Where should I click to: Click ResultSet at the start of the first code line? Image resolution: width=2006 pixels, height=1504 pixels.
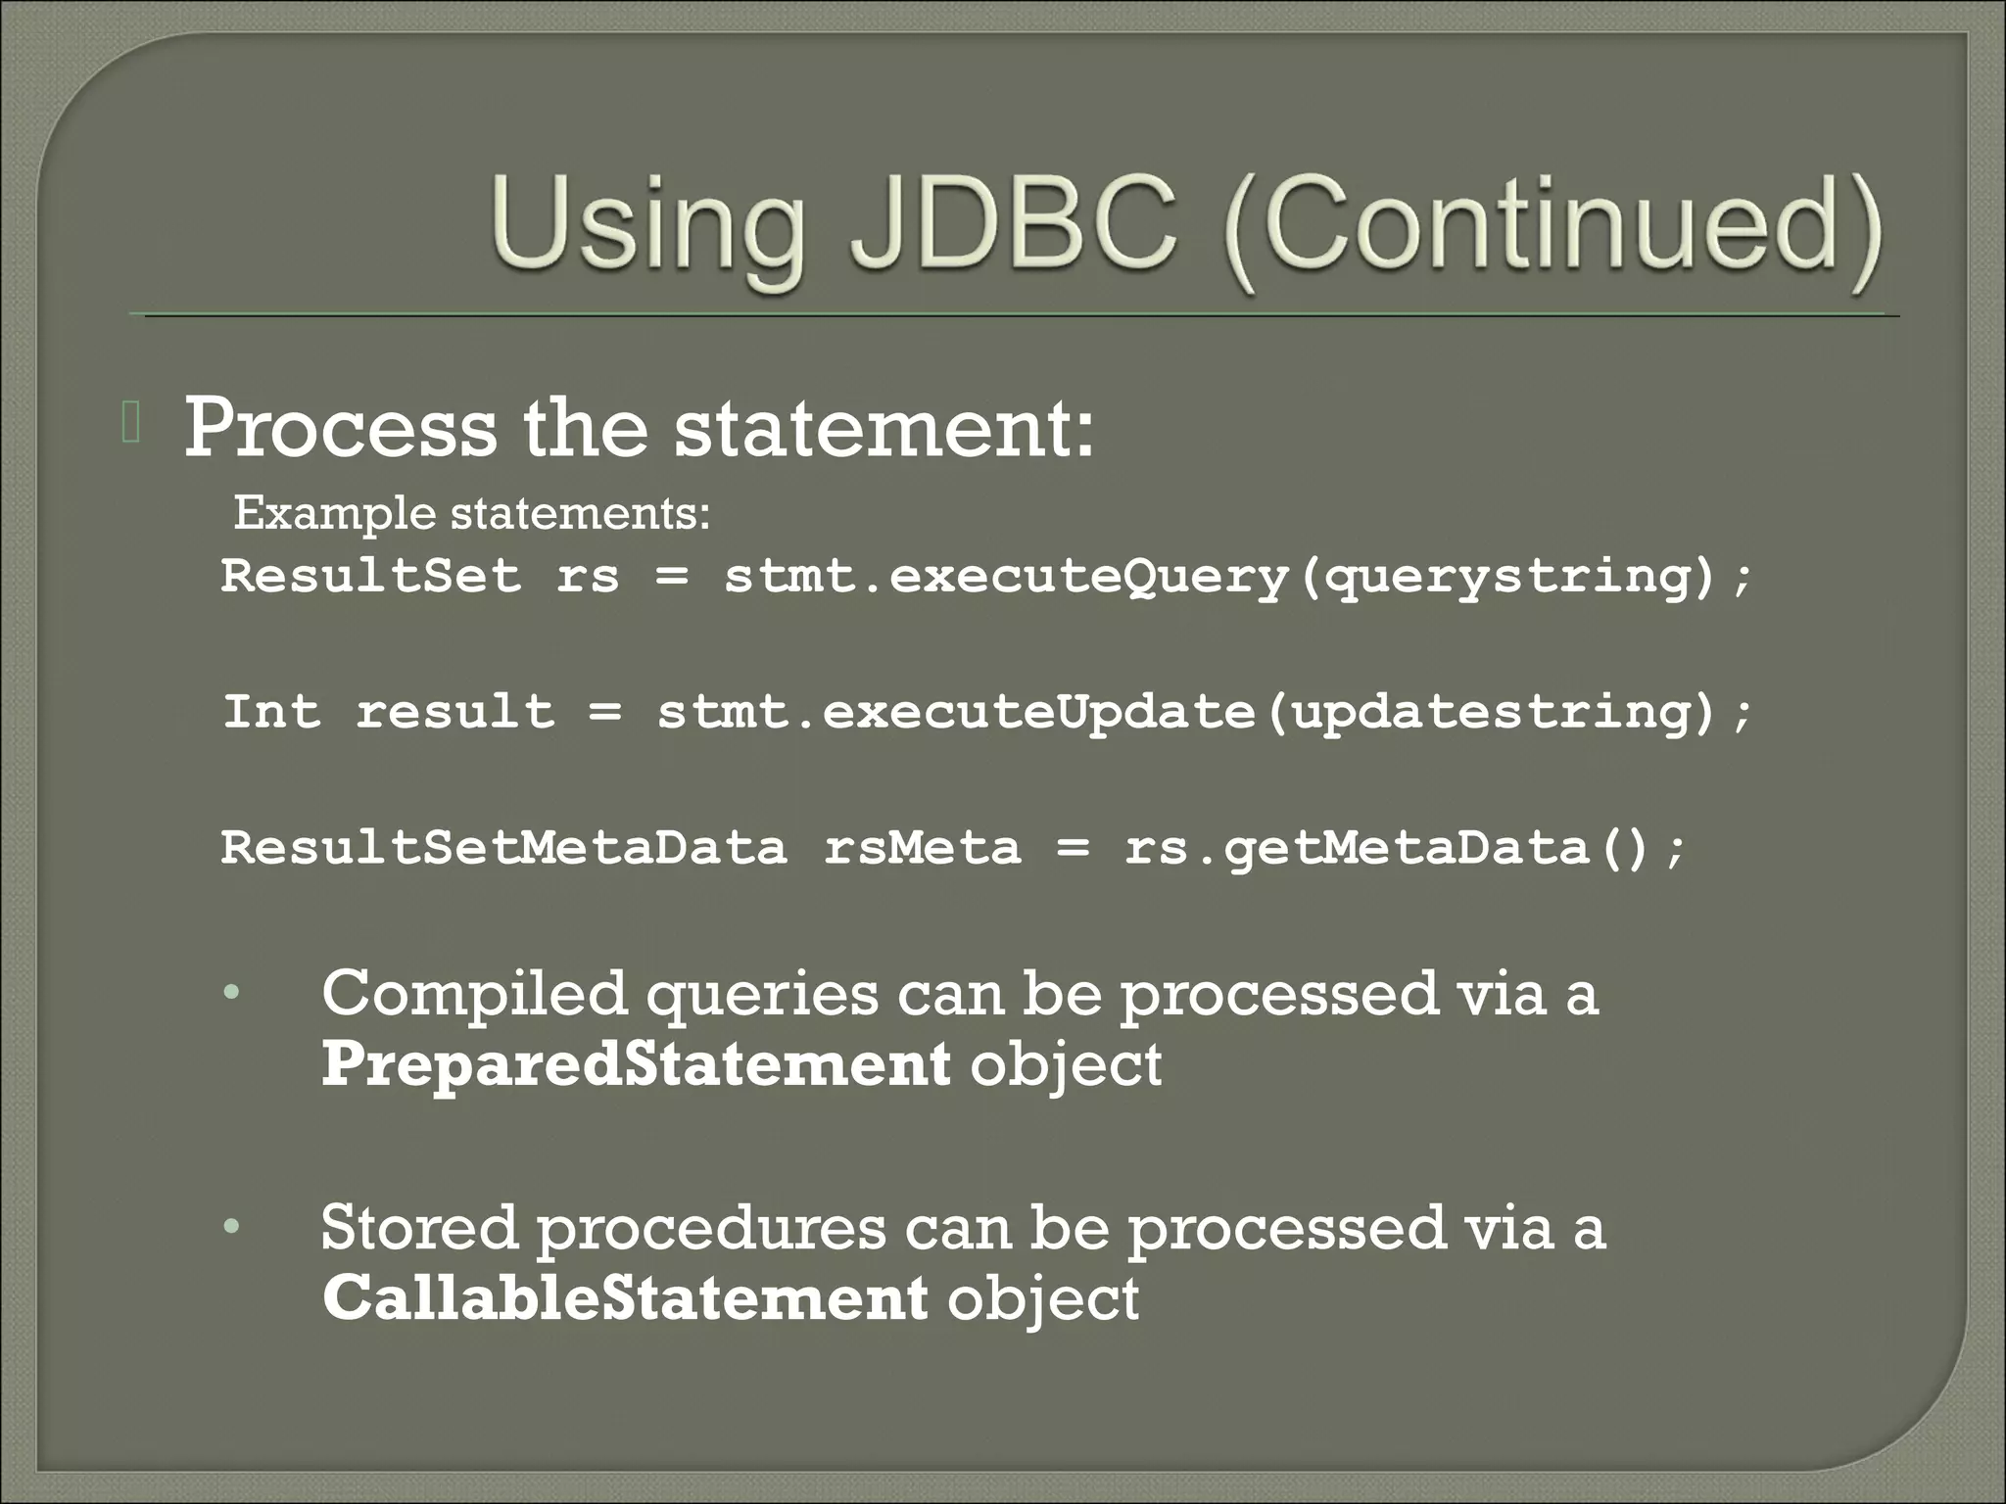pos(371,575)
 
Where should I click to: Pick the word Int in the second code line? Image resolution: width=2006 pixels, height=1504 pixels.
pos(271,711)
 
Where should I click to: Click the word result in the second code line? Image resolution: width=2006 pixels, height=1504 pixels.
pos(454,711)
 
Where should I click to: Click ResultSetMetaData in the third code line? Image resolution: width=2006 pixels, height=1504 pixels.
pos(503,847)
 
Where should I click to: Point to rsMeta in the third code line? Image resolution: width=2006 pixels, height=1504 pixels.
pos(922,847)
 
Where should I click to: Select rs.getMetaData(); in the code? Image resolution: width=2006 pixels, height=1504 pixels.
pos(1405,848)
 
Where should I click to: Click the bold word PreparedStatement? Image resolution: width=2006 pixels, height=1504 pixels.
pos(636,1064)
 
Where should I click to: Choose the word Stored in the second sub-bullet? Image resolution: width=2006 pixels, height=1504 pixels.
pos(419,1227)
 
